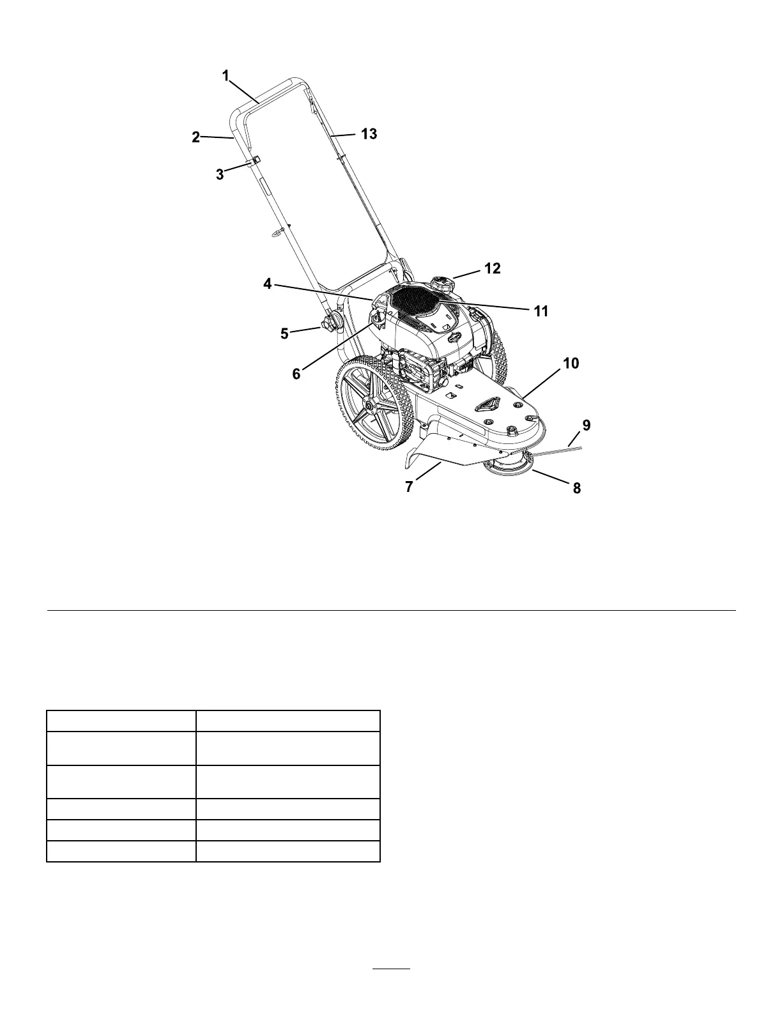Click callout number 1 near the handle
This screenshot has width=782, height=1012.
point(226,75)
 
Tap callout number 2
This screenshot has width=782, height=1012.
point(196,136)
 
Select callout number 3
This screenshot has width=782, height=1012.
point(220,174)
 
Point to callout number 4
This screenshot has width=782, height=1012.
point(268,284)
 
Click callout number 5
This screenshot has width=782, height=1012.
point(285,333)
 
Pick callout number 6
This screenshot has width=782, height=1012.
point(296,374)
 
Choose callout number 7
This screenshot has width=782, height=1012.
point(410,486)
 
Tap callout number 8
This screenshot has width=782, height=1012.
point(576,488)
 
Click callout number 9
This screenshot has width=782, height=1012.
point(586,424)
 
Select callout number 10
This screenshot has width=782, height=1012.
point(571,364)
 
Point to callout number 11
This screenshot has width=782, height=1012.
point(541,311)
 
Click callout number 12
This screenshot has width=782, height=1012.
point(492,268)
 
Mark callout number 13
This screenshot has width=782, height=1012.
point(369,134)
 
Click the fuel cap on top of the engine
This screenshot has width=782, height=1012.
point(440,284)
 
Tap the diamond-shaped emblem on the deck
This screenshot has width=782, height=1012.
point(490,403)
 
